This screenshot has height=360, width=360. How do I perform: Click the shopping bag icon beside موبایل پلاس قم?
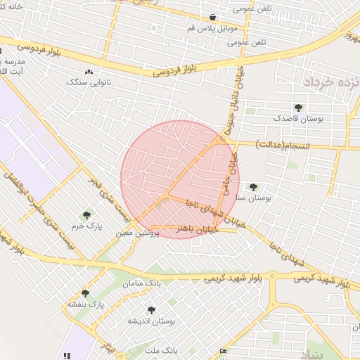[212, 18]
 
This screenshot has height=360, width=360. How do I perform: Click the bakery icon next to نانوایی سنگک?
[89, 72]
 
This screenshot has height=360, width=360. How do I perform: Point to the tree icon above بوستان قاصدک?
[299, 108]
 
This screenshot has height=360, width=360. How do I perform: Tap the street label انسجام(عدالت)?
[281, 146]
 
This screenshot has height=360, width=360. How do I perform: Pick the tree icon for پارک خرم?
[86, 215]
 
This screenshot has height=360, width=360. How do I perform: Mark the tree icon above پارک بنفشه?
[86, 293]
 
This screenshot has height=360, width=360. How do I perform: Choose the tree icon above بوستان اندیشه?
[151, 310]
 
